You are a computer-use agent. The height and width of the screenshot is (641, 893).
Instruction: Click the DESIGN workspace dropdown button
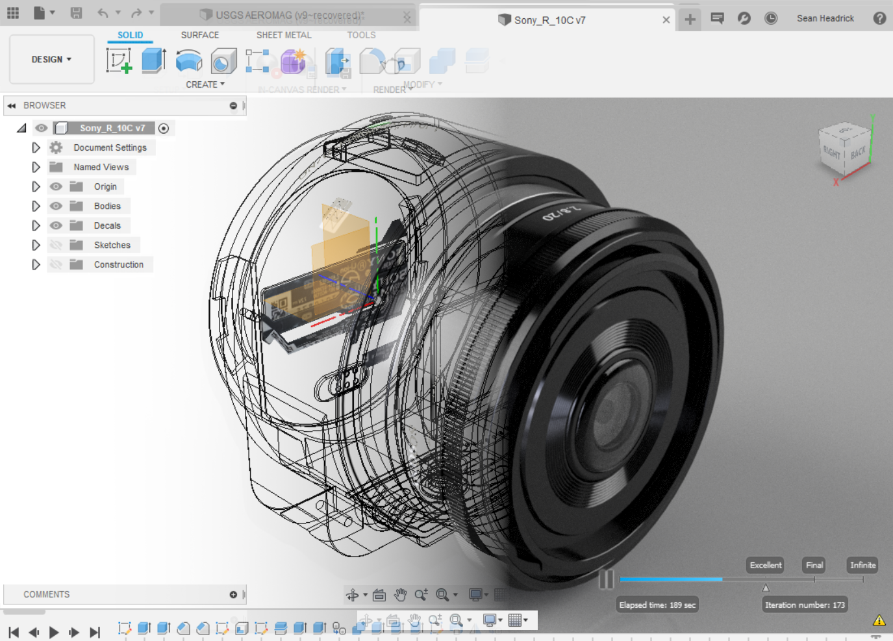(51, 59)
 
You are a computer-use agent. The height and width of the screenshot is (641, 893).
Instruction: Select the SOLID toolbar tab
(130, 35)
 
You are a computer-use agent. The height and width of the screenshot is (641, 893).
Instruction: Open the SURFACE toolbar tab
(199, 35)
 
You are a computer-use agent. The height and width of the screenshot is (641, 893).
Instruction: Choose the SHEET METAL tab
(283, 35)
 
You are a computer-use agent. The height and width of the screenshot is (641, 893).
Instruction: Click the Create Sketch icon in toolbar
(119, 61)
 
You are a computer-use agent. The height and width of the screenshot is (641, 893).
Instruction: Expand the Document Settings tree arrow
(36, 147)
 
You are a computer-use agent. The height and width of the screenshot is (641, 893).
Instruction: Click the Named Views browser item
(101, 167)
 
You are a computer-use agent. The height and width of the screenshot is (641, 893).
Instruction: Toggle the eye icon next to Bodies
(57, 206)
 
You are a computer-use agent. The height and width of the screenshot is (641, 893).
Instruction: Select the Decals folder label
(107, 225)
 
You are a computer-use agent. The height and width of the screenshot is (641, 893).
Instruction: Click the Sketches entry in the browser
(112, 245)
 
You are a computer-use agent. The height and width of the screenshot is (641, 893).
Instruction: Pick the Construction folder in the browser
(118, 264)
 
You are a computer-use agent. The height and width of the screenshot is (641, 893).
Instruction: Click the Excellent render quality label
(765, 565)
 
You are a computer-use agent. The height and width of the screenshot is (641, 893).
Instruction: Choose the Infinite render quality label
(862, 565)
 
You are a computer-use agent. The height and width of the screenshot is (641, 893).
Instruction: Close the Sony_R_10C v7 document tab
(666, 19)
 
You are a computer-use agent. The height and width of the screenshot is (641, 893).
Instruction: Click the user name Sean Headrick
(825, 18)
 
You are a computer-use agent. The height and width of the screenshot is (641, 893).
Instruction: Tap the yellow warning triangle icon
(879, 620)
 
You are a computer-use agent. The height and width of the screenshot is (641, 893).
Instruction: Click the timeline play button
(54, 632)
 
